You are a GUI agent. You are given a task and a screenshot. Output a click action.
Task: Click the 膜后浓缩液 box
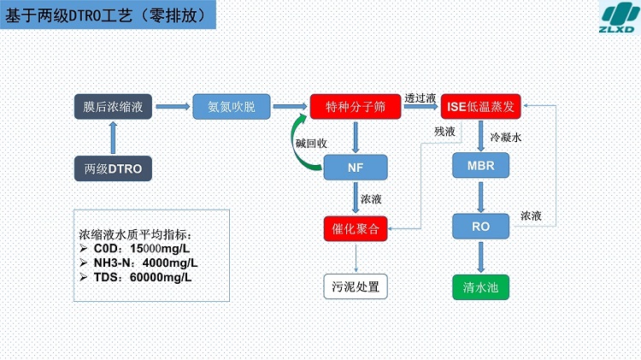tap(113, 107)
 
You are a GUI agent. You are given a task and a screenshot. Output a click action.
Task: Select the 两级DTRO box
tap(113, 168)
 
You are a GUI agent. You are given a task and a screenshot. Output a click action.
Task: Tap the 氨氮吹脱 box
tap(232, 107)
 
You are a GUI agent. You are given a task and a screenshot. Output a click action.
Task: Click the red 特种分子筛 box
tap(356, 107)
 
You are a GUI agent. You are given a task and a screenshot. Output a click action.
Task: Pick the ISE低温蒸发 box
tap(480, 107)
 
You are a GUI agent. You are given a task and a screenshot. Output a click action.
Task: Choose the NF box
tap(356, 168)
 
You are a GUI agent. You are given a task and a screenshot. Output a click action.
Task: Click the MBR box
tap(480, 165)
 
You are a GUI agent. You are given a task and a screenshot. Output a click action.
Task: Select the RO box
tap(480, 227)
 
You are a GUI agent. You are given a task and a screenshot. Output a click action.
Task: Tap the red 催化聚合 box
tap(356, 228)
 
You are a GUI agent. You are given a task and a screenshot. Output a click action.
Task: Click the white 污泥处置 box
tap(356, 286)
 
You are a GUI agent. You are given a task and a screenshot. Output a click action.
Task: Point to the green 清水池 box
tap(480, 287)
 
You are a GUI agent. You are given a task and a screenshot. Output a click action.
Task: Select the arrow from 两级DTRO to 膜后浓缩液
tap(113, 138)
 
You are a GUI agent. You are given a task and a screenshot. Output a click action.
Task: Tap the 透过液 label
tap(420, 98)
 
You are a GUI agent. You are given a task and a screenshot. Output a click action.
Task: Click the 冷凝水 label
tap(506, 138)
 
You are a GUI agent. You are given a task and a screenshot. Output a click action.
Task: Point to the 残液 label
tap(444, 132)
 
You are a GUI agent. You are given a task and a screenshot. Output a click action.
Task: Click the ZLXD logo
tap(619, 17)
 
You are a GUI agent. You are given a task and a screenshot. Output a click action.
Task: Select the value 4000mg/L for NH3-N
tap(170, 263)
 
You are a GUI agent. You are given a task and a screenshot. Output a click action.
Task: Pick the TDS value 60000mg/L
tap(161, 277)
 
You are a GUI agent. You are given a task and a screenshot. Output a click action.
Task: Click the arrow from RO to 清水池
tap(480, 257)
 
